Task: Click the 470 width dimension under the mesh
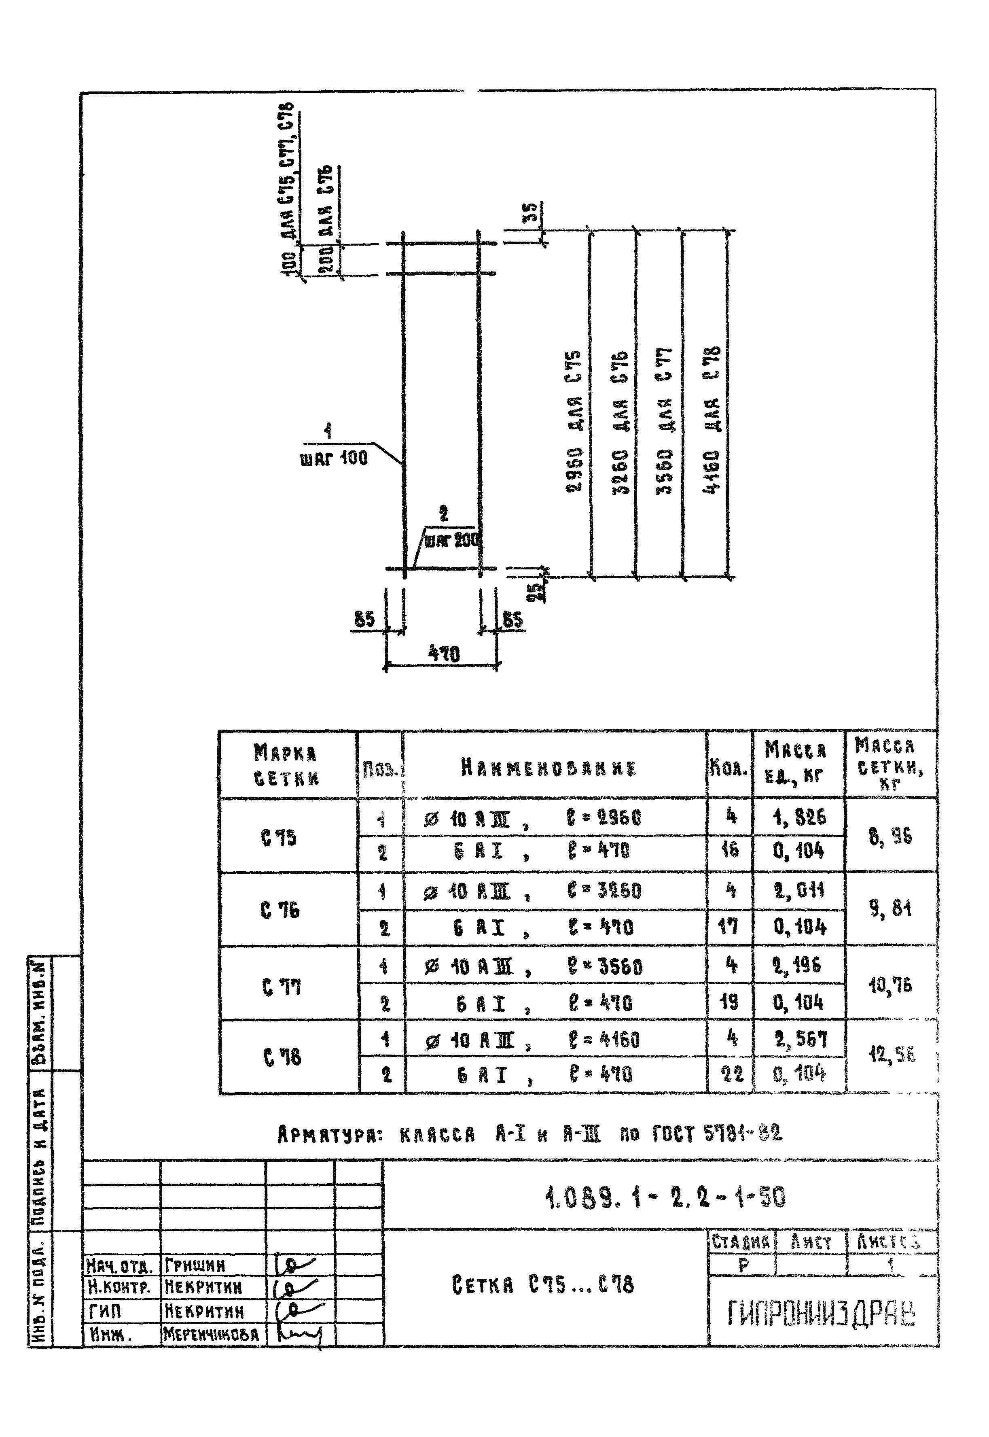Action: pyautogui.click(x=444, y=654)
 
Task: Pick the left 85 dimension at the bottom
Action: pyautogui.click(x=364, y=619)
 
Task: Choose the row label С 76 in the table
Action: pyautogui.click(x=280, y=910)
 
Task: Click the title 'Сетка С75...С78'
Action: pyautogui.click(x=543, y=1284)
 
